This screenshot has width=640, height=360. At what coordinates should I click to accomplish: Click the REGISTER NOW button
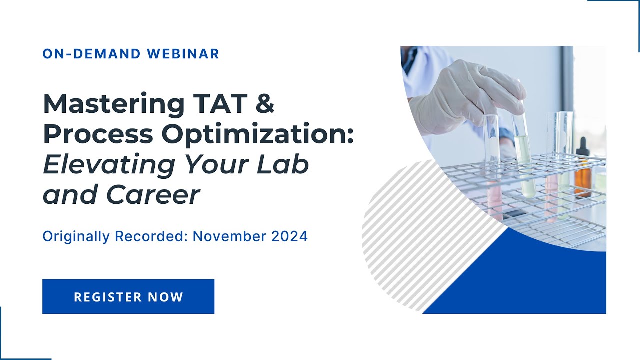(x=128, y=297)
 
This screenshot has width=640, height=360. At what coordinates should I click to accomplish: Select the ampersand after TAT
(x=264, y=104)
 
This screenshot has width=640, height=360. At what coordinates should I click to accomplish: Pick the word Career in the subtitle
(x=153, y=195)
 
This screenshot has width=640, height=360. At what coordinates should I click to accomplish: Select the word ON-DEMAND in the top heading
(x=87, y=54)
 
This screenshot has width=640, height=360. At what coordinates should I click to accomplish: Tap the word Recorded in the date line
(x=151, y=236)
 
